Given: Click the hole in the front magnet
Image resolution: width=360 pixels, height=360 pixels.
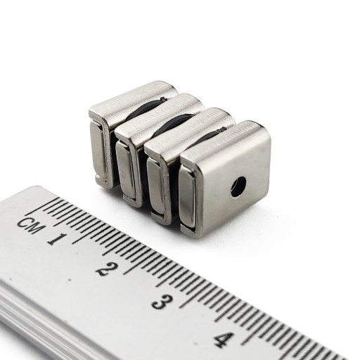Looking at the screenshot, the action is point(238,186).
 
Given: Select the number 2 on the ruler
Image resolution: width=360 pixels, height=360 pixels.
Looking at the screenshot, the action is point(107,269).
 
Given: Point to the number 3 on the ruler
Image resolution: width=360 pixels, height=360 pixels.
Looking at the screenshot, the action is point(162,302).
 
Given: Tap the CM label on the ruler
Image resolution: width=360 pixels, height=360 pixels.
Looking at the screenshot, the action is point(31,225).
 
